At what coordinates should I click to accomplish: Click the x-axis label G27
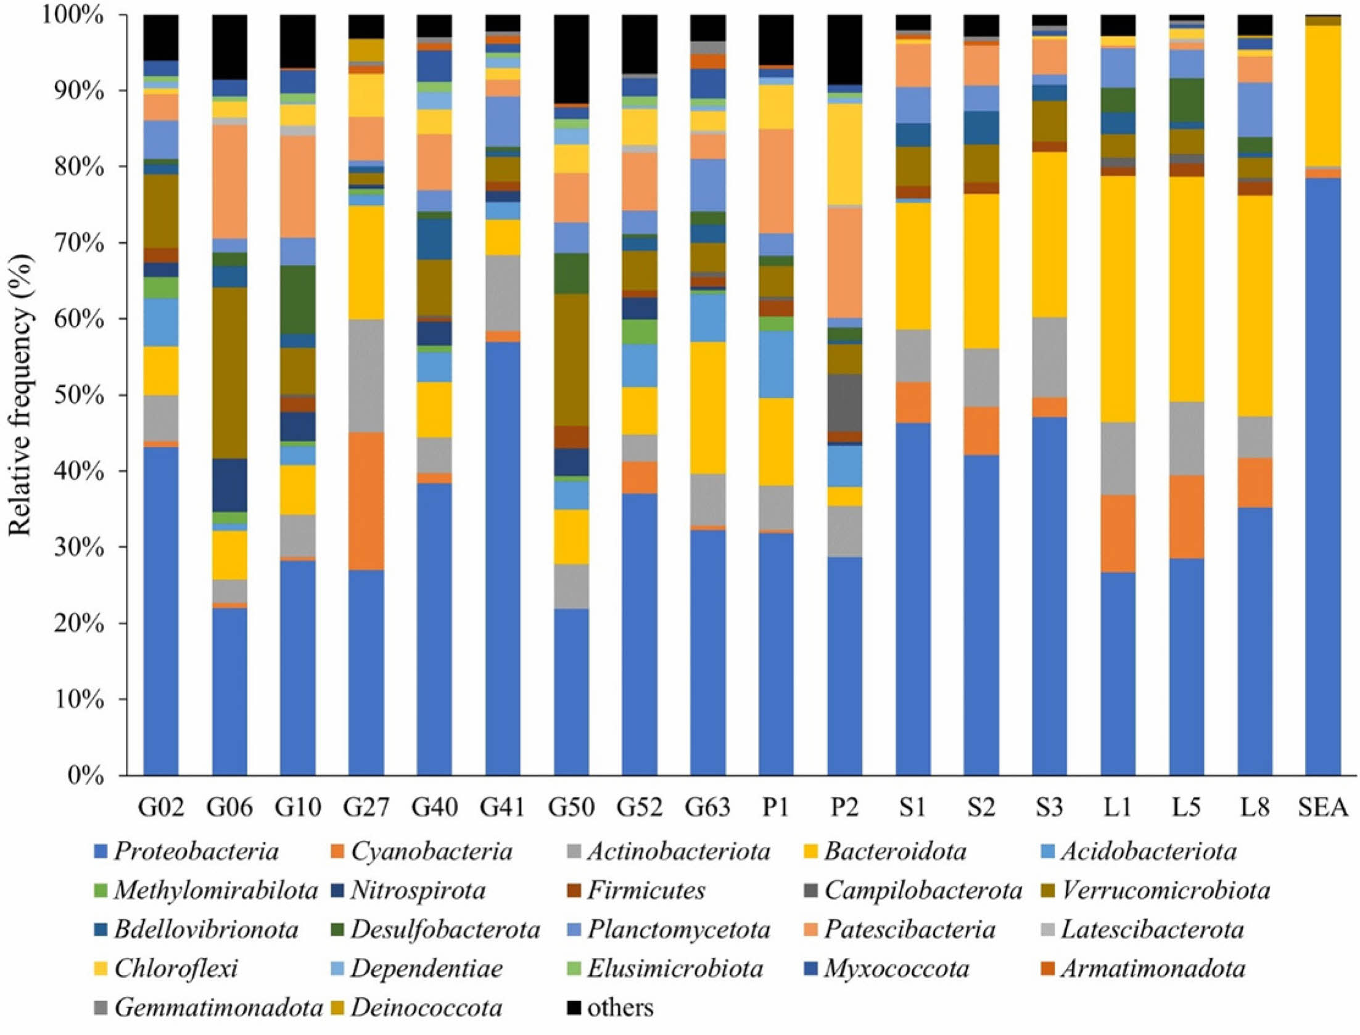366,807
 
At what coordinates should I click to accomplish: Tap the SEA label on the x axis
1322,807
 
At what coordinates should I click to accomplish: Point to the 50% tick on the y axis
78,396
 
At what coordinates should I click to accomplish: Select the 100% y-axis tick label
72,15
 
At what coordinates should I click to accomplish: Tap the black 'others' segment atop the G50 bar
571,59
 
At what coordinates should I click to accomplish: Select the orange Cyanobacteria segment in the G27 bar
366,501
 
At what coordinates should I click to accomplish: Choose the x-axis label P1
775,807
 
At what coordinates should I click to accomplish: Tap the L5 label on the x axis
1185,807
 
